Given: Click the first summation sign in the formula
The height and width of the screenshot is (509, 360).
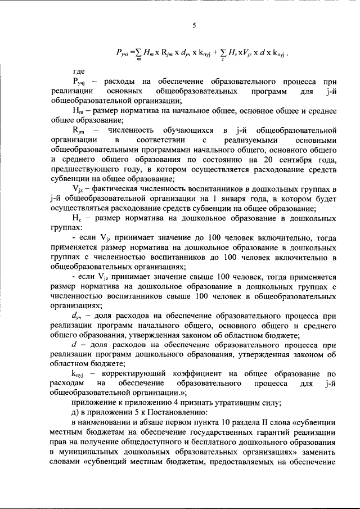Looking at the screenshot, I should click(x=139, y=55).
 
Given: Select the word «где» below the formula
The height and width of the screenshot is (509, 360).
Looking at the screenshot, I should click(x=79, y=72).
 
